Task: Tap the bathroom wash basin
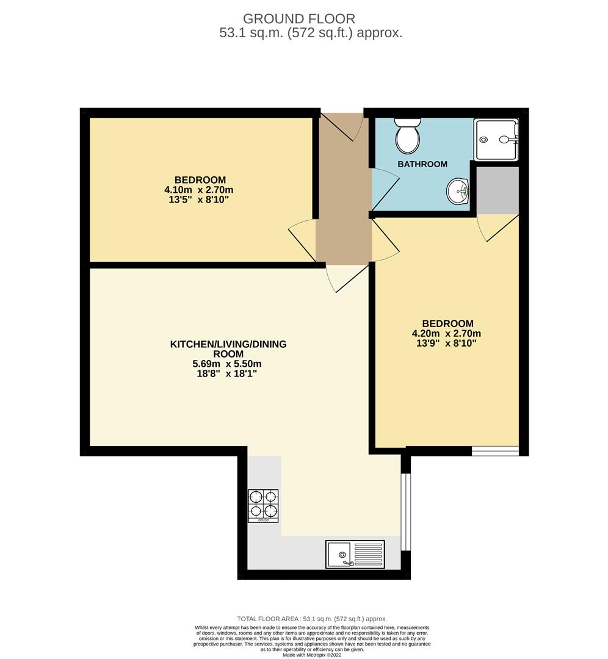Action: tap(457, 191)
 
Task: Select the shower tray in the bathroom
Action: tap(496, 140)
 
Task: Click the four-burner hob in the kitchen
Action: tap(263, 506)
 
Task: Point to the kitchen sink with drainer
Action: tap(355, 554)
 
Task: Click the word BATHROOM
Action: tap(422, 164)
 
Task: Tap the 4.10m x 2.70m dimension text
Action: tap(199, 190)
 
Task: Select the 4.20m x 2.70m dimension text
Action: tap(447, 334)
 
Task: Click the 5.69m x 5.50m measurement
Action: tap(227, 364)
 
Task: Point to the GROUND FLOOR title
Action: tap(299, 19)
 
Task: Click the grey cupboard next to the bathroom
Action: tap(498, 190)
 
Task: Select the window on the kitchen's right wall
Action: tap(405, 511)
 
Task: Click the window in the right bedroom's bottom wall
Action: tap(495, 451)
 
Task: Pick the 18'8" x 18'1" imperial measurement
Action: tap(227, 373)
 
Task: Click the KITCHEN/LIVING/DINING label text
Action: tap(228, 349)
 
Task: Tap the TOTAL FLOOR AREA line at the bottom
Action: tap(312, 619)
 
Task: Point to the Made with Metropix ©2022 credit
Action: tap(312, 655)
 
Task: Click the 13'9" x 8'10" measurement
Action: tap(447, 344)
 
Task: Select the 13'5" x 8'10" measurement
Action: tap(199, 200)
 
